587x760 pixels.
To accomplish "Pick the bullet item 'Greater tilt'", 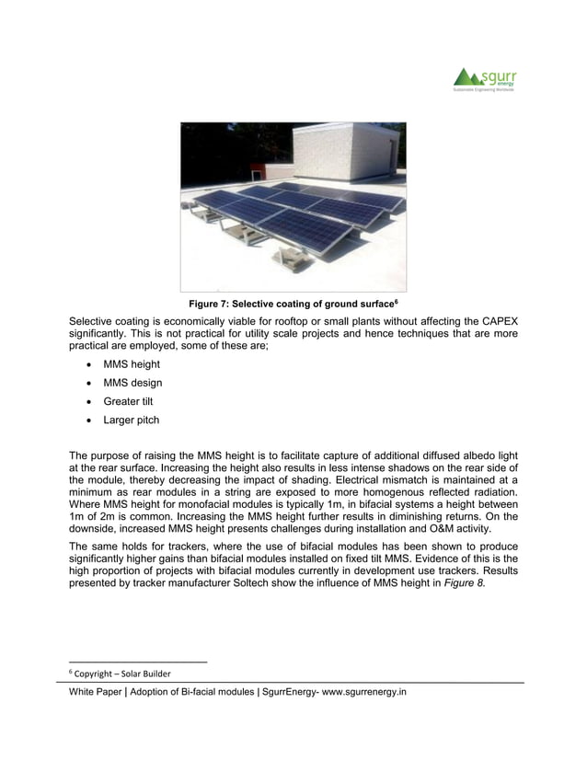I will click(x=128, y=402).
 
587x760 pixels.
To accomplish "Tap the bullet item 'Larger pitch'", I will click(x=131, y=420).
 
